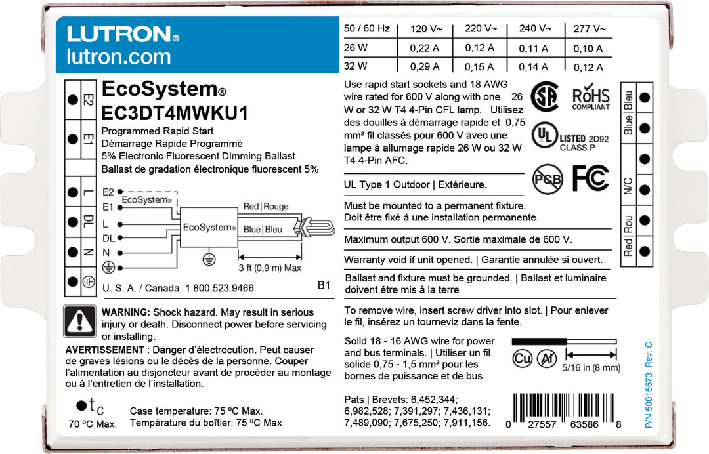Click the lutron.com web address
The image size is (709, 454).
(x=118, y=57)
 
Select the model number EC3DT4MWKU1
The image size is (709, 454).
(x=175, y=113)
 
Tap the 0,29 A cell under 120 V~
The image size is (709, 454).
(x=425, y=66)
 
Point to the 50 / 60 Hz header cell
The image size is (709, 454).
(x=367, y=29)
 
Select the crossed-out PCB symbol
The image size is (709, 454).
(x=546, y=178)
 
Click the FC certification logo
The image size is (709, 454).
(x=591, y=178)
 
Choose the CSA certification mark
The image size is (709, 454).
(x=544, y=96)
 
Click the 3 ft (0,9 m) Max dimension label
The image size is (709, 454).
(x=270, y=268)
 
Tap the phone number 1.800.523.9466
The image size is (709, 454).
(x=219, y=289)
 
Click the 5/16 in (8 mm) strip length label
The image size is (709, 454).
(x=591, y=368)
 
